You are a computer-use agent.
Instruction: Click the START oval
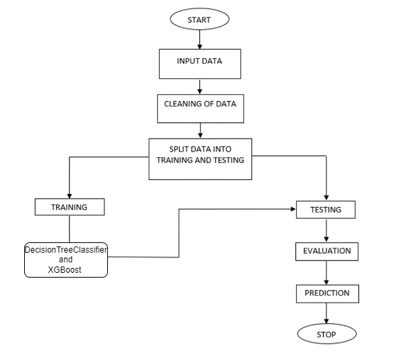click(x=199, y=19)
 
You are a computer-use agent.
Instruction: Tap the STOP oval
click(x=327, y=334)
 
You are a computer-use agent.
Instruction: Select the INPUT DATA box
click(x=200, y=64)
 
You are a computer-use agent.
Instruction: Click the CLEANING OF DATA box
click(x=201, y=109)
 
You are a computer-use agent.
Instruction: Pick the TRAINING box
click(x=70, y=207)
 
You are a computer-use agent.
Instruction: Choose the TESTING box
click(x=326, y=210)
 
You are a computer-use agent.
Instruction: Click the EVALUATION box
click(x=327, y=251)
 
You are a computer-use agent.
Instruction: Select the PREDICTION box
click(x=327, y=294)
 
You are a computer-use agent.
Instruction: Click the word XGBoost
click(x=64, y=270)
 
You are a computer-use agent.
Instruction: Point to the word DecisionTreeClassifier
click(x=66, y=250)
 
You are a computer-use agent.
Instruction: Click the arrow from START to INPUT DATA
click(x=200, y=39)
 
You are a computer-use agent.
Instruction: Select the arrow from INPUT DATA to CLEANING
click(x=200, y=87)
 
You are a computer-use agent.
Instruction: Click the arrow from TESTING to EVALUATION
click(x=327, y=231)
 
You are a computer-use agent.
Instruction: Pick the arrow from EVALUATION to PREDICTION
click(x=327, y=273)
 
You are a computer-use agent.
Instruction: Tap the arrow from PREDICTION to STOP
click(x=327, y=314)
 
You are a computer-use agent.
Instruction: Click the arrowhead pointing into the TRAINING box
click(x=70, y=196)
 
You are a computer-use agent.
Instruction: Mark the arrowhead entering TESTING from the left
click(x=293, y=209)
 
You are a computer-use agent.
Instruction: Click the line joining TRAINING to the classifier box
click(x=70, y=229)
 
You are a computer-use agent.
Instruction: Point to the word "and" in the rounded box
click(x=66, y=260)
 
